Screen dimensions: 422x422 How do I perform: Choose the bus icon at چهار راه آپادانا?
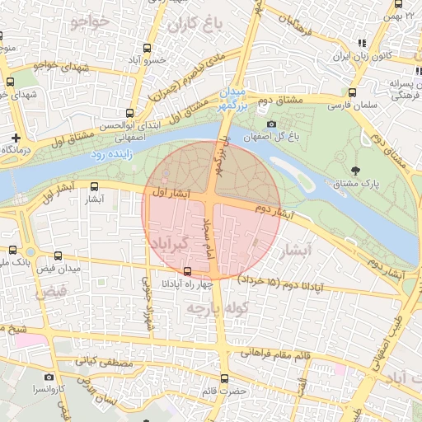pos(188,270)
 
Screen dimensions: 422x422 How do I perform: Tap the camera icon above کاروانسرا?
pos(49,377)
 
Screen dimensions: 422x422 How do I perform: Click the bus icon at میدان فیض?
pos(57,256)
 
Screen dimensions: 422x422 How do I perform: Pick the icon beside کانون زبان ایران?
pos(360,43)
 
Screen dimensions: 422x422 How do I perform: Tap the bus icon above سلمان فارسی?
pos(352,92)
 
